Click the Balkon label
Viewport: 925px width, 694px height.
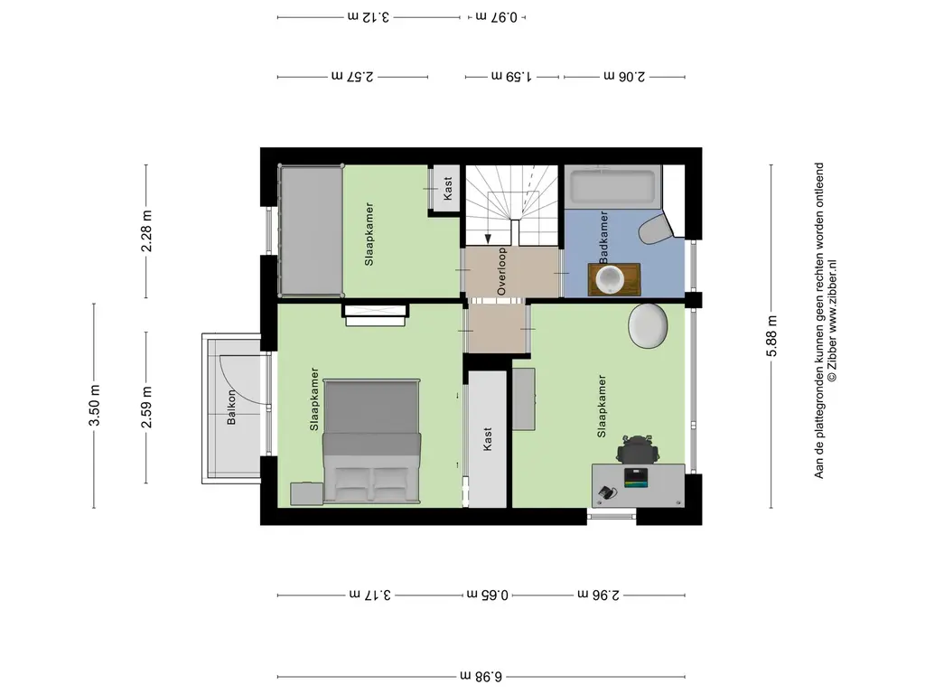[231, 407]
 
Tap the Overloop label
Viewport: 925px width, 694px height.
[501, 271]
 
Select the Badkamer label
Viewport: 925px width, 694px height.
[603, 238]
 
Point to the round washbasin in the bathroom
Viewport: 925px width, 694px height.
[610, 279]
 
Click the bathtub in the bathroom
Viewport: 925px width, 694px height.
[613, 186]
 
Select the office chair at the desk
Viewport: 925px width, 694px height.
[637, 449]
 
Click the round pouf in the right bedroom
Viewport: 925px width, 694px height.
[649, 325]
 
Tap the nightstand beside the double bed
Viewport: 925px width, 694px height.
[307, 494]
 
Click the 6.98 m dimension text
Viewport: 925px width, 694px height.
[481, 676]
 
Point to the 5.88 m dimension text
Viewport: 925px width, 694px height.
[771, 336]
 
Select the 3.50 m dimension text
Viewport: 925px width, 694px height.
[94, 405]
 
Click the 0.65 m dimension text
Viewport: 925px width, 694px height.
[487, 595]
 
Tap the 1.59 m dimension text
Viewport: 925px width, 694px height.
[511, 76]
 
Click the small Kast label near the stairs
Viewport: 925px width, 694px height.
[447, 189]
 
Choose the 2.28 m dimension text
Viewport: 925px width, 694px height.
[146, 231]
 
